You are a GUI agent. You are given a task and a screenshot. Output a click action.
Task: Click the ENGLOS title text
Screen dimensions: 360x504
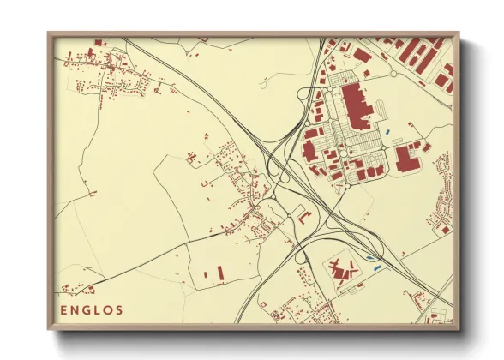pyautogui.click(x=92, y=310)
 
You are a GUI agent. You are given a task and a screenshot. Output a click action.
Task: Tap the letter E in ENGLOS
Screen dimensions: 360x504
pyautogui.click(x=64, y=310)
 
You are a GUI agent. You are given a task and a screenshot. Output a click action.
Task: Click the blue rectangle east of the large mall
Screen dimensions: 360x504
pyautogui.click(x=390, y=131)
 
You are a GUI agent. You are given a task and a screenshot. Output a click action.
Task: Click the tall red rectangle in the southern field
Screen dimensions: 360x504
pyautogui.click(x=219, y=273)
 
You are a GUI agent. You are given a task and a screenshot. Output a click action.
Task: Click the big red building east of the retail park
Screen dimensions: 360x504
pyautogui.click(x=405, y=157)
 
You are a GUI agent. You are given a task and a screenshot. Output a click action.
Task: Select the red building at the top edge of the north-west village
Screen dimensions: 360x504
pyautogui.click(x=99, y=43)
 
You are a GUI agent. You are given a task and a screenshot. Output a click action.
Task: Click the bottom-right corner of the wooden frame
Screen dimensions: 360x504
pyautogui.click(x=459, y=329)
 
